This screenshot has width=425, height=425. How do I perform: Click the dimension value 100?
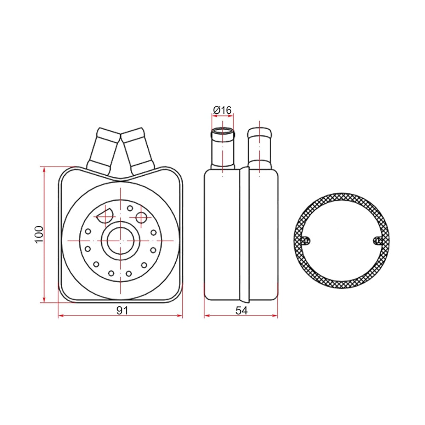pos(39,234)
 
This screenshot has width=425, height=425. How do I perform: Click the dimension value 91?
pos(123,311)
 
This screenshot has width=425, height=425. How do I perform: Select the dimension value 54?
pos(242,311)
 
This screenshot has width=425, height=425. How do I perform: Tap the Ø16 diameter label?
pos(222,110)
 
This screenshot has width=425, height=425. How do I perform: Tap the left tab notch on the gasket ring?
pos(306,240)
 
